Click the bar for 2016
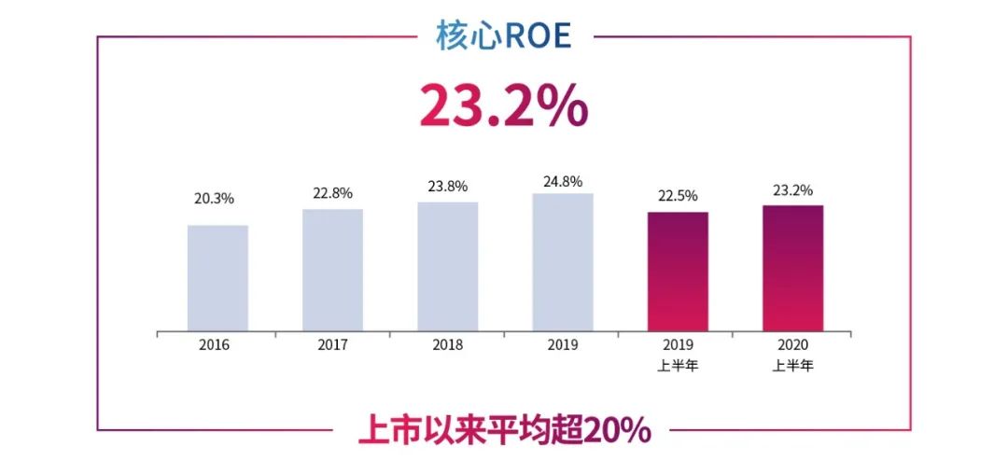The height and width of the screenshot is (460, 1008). click(217, 278)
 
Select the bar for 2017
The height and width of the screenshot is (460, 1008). click(332, 271)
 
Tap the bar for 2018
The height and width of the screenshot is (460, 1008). click(447, 267)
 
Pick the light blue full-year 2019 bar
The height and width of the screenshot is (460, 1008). click(563, 262)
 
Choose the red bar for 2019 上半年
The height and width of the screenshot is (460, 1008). click(678, 272)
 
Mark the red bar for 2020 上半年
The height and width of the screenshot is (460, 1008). click(792, 269)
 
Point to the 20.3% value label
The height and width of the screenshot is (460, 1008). click(217, 200)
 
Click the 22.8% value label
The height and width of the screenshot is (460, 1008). click(332, 193)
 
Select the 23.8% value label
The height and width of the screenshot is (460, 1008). click(448, 186)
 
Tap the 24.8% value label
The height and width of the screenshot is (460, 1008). click(563, 178)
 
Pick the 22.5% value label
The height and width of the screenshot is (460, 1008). click(678, 196)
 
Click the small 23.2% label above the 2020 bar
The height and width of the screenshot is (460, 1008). click(792, 188)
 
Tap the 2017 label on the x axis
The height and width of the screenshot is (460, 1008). click(332, 344)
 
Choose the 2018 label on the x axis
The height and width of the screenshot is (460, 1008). click(448, 344)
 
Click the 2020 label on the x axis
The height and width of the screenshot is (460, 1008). click(792, 344)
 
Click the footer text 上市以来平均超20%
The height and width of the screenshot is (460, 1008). click(504, 431)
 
